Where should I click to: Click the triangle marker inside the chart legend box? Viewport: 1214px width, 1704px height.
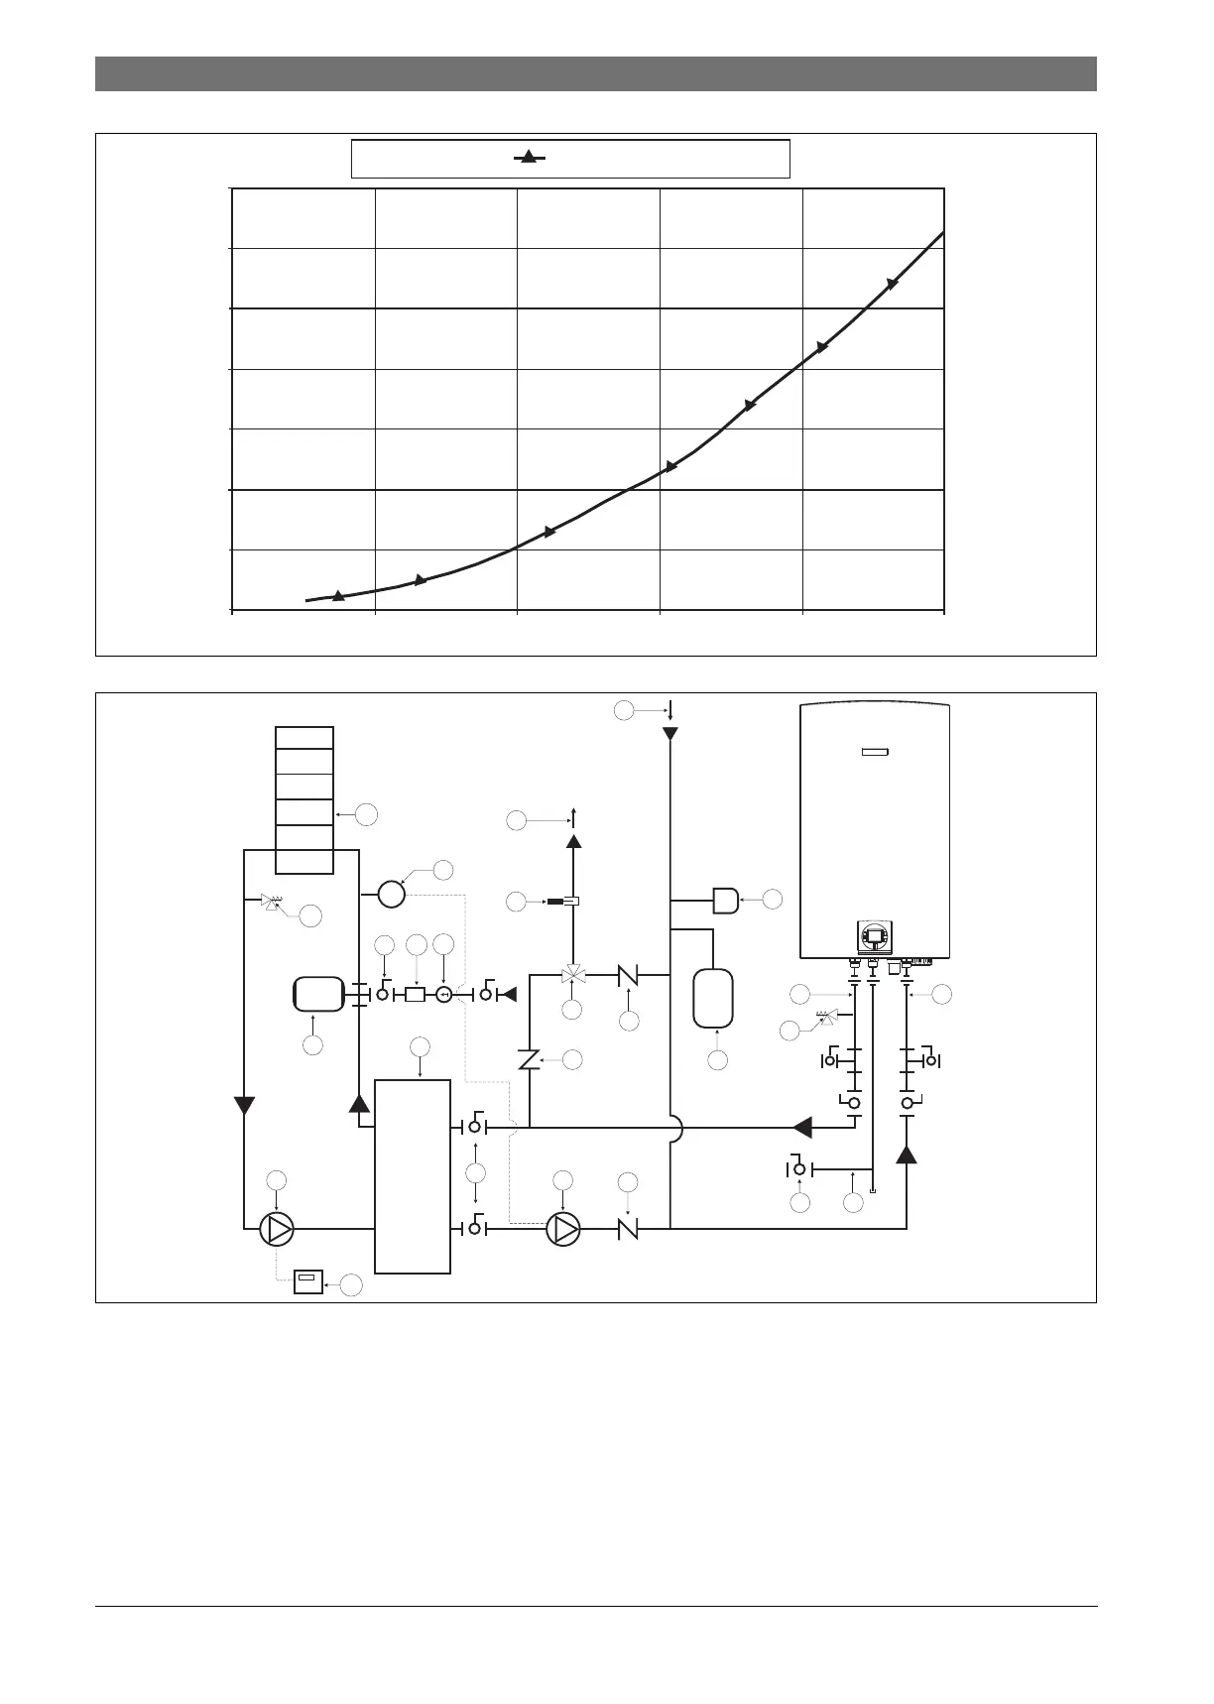tap(529, 157)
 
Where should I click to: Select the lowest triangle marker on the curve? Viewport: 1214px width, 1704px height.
tap(338, 595)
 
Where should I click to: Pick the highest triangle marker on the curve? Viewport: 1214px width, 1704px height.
tap(892, 284)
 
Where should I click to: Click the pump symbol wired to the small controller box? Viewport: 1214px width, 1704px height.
tap(277, 1229)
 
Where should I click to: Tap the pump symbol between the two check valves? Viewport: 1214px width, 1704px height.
tap(562, 1229)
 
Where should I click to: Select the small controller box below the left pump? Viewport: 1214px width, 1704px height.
tap(309, 1282)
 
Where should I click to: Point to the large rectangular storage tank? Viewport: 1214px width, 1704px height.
tap(413, 1176)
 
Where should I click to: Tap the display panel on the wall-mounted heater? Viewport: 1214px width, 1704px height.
tap(874, 935)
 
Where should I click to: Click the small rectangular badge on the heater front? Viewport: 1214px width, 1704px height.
tap(874, 752)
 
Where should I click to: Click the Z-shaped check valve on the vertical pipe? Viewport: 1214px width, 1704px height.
tap(529, 1060)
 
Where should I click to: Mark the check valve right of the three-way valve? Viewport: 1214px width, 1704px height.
tap(627, 976)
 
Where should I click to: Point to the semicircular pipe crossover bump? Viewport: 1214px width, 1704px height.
tap(674, 1128)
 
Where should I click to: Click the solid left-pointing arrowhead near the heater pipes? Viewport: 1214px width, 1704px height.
tap(802, 1128)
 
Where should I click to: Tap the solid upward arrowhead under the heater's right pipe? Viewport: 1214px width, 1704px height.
tap(907, 1154)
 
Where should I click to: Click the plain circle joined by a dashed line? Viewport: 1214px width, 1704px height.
tap(392, 894)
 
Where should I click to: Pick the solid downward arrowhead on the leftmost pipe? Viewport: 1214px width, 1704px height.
tap(244, 1105)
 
